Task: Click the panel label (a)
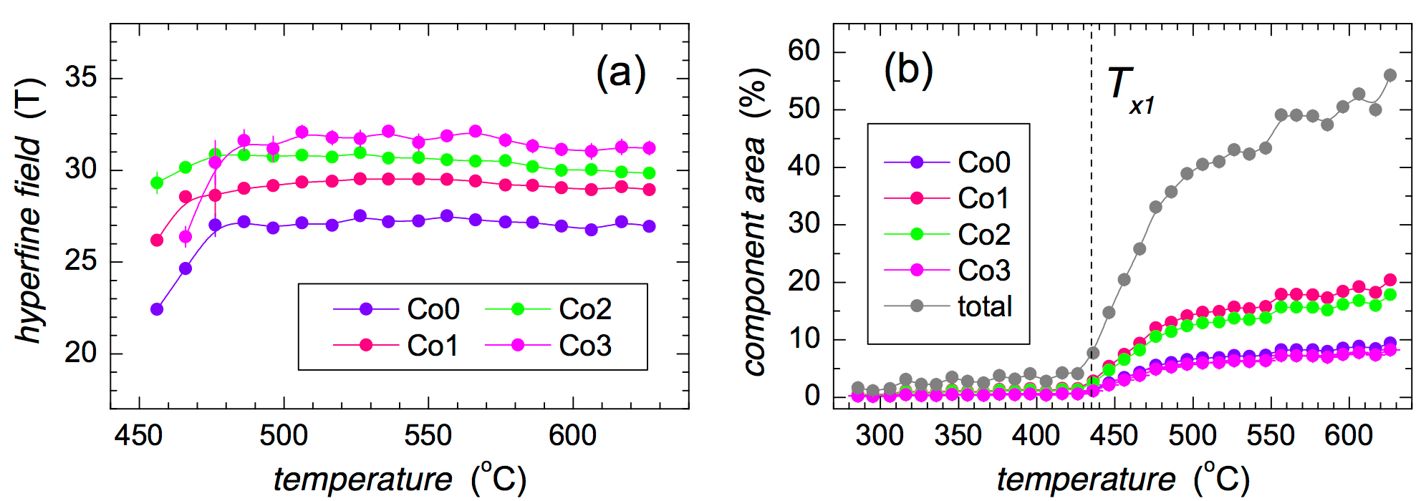click(x=620, y=73)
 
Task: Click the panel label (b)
click(x=908, y=70)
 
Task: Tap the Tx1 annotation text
click(x=1130, y=89)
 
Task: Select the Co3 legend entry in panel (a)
click(x=549, y=346)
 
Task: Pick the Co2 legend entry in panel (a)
click(x=549, y=309)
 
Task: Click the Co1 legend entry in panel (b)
click(x=948, y=198)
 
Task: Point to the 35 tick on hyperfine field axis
click(x=80, y=77)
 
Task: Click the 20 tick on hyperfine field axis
click(x=80, y=352)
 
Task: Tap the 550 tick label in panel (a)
click(x=428, y=435)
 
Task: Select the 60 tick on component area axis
click(x=804, y=51)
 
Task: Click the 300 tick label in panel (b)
click(x=880, y=435)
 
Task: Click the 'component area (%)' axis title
click(x=753, y=222)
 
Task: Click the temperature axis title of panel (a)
click(x=400, y=479)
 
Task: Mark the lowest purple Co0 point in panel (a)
click(x=157, y=309)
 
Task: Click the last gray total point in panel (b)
click(x=1390, y=75)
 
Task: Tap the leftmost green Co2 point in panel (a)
click(x=157, y=183)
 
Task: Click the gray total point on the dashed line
click(x=1093, y=353)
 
